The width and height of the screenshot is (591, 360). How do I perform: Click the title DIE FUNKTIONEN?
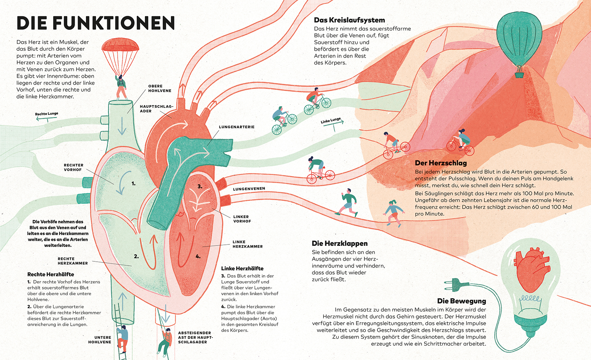click(96, 23)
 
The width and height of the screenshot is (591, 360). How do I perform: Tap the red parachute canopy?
click(120, 45)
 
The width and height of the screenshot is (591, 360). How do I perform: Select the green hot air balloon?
click(519, 34)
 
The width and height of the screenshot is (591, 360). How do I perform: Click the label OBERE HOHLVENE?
click(160, 89)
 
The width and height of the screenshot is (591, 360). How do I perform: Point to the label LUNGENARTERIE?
click(237, 127)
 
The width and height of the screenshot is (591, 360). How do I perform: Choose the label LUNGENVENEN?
click(249, 189)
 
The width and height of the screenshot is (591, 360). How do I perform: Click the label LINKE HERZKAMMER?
click(247, 244)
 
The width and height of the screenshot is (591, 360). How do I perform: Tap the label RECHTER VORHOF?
click(73, 167)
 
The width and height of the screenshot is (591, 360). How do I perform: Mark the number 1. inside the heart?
click(133, 184)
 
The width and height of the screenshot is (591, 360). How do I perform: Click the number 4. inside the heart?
click(198, 257)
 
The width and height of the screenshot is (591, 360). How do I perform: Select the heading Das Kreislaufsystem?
click(349, 20)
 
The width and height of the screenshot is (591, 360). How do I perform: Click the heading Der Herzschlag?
click(441, 163)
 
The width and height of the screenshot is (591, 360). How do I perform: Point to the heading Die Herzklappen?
click(340, 243)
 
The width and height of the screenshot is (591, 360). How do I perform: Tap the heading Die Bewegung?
click(462, 301)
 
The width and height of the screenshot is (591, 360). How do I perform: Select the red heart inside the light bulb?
click(532, 267)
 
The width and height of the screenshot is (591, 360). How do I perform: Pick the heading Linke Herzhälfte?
click(242, 269)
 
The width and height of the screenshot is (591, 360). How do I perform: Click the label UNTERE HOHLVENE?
click(100, 340)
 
